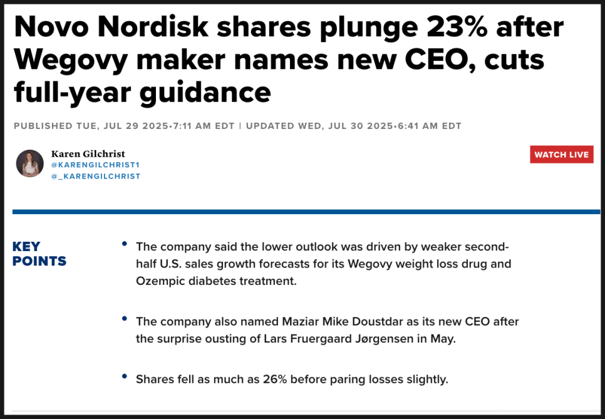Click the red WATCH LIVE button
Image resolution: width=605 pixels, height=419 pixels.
pyautogui.click(x=561, y=155)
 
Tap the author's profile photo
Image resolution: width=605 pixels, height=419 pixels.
pyautogui.click(x=29, y=163)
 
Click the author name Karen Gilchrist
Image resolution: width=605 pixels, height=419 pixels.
pyautogui.click(x=88, y=154)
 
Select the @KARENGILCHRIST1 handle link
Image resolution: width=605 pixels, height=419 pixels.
pyautogui.click(x=95, y=165)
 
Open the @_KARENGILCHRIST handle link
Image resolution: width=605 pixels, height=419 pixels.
pyautogui.click(x=95, y=177)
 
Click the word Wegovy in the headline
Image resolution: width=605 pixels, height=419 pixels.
pyautogui.click(x=70, y=59)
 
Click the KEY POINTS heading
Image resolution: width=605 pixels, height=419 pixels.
pyautogui.click(x=39, y=254)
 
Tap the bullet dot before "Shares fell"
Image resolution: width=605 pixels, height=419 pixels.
pyautogui.click(x=125, y=375)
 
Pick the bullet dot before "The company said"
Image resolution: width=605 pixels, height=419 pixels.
pyautogui.click(x=125, y=242)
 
